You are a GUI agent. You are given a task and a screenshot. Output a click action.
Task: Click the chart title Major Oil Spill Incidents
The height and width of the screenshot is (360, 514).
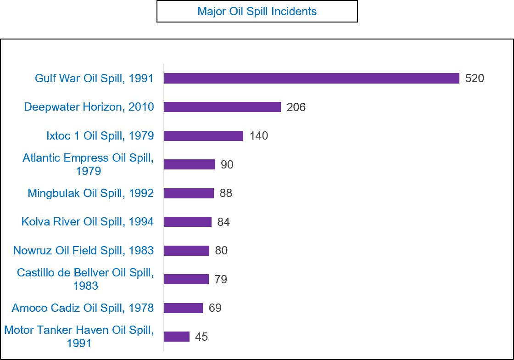(257, 11)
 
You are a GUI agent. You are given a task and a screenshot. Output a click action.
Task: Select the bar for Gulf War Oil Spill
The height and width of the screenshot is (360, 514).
(311, 79)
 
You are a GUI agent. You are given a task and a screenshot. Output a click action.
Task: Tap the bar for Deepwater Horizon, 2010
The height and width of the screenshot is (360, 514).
(222, 107)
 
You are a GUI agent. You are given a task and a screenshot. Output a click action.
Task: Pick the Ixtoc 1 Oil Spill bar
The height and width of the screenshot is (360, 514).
(203, 136)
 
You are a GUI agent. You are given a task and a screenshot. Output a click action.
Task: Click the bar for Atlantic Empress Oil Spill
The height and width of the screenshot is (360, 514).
(189, 164)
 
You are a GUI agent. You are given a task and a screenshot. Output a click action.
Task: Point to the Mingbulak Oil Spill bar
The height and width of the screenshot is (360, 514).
(189, 193)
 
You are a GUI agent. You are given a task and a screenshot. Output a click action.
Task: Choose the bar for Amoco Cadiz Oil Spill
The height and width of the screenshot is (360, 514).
(183, 308)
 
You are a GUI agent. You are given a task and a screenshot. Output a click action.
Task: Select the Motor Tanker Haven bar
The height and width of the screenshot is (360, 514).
(177, 337)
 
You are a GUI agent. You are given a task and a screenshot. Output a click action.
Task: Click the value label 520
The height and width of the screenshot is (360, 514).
(475, 79)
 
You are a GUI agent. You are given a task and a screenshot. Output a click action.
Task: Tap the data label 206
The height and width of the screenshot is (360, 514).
(296, 107)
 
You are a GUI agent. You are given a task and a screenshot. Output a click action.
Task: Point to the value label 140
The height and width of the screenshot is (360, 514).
(259, 136)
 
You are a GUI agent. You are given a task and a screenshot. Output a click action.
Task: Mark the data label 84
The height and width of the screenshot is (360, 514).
(223, 222)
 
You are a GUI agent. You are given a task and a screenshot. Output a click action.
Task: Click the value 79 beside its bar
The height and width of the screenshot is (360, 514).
(221, 280)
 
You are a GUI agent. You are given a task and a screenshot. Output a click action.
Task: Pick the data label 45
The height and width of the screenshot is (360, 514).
(201, 337)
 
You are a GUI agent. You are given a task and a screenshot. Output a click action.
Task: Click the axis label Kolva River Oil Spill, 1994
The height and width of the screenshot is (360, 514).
(88, 222)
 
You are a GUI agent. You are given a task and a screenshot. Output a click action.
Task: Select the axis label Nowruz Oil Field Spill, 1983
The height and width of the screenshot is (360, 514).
(84, 251)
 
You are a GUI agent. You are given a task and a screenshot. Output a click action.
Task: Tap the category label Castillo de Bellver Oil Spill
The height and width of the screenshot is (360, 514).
(85, 279)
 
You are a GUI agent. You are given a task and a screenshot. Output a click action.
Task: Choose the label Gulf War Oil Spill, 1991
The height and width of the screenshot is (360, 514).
(94, 79)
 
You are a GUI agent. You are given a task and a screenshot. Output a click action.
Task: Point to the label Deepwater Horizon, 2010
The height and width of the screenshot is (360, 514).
(89, 107)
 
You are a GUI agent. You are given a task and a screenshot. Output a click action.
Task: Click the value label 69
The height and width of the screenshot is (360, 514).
(215, 308)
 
